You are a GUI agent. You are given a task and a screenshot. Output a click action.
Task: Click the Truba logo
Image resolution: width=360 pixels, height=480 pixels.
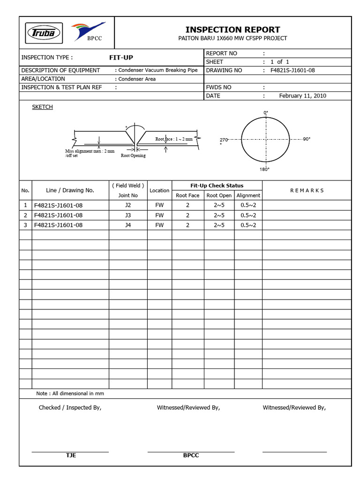[43, 33]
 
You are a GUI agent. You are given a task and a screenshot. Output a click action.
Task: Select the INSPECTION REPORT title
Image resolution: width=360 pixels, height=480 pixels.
[232, 30]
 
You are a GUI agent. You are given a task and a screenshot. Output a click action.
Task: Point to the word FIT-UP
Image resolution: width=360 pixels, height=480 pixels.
[121, 58]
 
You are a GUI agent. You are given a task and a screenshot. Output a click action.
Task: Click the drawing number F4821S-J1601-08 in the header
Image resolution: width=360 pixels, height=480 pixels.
[292, 70]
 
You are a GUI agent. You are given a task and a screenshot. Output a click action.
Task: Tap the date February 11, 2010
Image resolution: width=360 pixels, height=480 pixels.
[302, 96]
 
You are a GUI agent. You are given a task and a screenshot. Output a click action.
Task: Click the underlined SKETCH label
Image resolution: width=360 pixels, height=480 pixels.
[42, 107]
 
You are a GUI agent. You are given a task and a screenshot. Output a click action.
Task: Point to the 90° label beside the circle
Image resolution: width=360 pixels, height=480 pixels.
[307, 139]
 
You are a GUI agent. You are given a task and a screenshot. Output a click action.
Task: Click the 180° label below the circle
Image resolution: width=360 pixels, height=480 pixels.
[265, 169]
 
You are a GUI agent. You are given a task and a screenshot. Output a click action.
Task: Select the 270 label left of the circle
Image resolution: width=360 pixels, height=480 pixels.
[224, 140]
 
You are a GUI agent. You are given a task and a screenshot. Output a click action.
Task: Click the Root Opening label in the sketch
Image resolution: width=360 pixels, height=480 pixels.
[133, 156]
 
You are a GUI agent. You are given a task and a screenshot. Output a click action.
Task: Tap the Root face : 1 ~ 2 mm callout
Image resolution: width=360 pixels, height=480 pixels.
[174, 139]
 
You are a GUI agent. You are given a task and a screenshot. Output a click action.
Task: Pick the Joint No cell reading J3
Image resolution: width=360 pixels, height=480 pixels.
[128, 215]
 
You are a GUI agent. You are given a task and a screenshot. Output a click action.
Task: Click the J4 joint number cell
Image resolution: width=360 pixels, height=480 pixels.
[128, 225]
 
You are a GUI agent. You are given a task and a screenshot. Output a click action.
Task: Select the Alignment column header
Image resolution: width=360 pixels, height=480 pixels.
[248, 195]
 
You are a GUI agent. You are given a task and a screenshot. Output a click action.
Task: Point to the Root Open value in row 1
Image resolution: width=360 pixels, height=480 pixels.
[219, 205]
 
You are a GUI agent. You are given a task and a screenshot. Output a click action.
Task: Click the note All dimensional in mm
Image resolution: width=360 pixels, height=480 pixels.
[70, 393]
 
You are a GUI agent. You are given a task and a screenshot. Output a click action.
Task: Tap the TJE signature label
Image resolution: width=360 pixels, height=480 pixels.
[71, 456]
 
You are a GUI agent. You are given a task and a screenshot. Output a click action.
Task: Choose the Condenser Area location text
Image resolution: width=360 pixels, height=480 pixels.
[136, 79]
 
